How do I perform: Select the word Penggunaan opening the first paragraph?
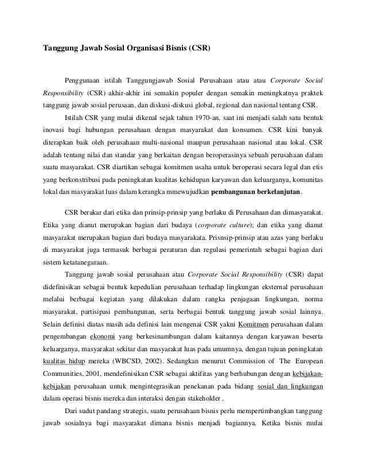point(85,79)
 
